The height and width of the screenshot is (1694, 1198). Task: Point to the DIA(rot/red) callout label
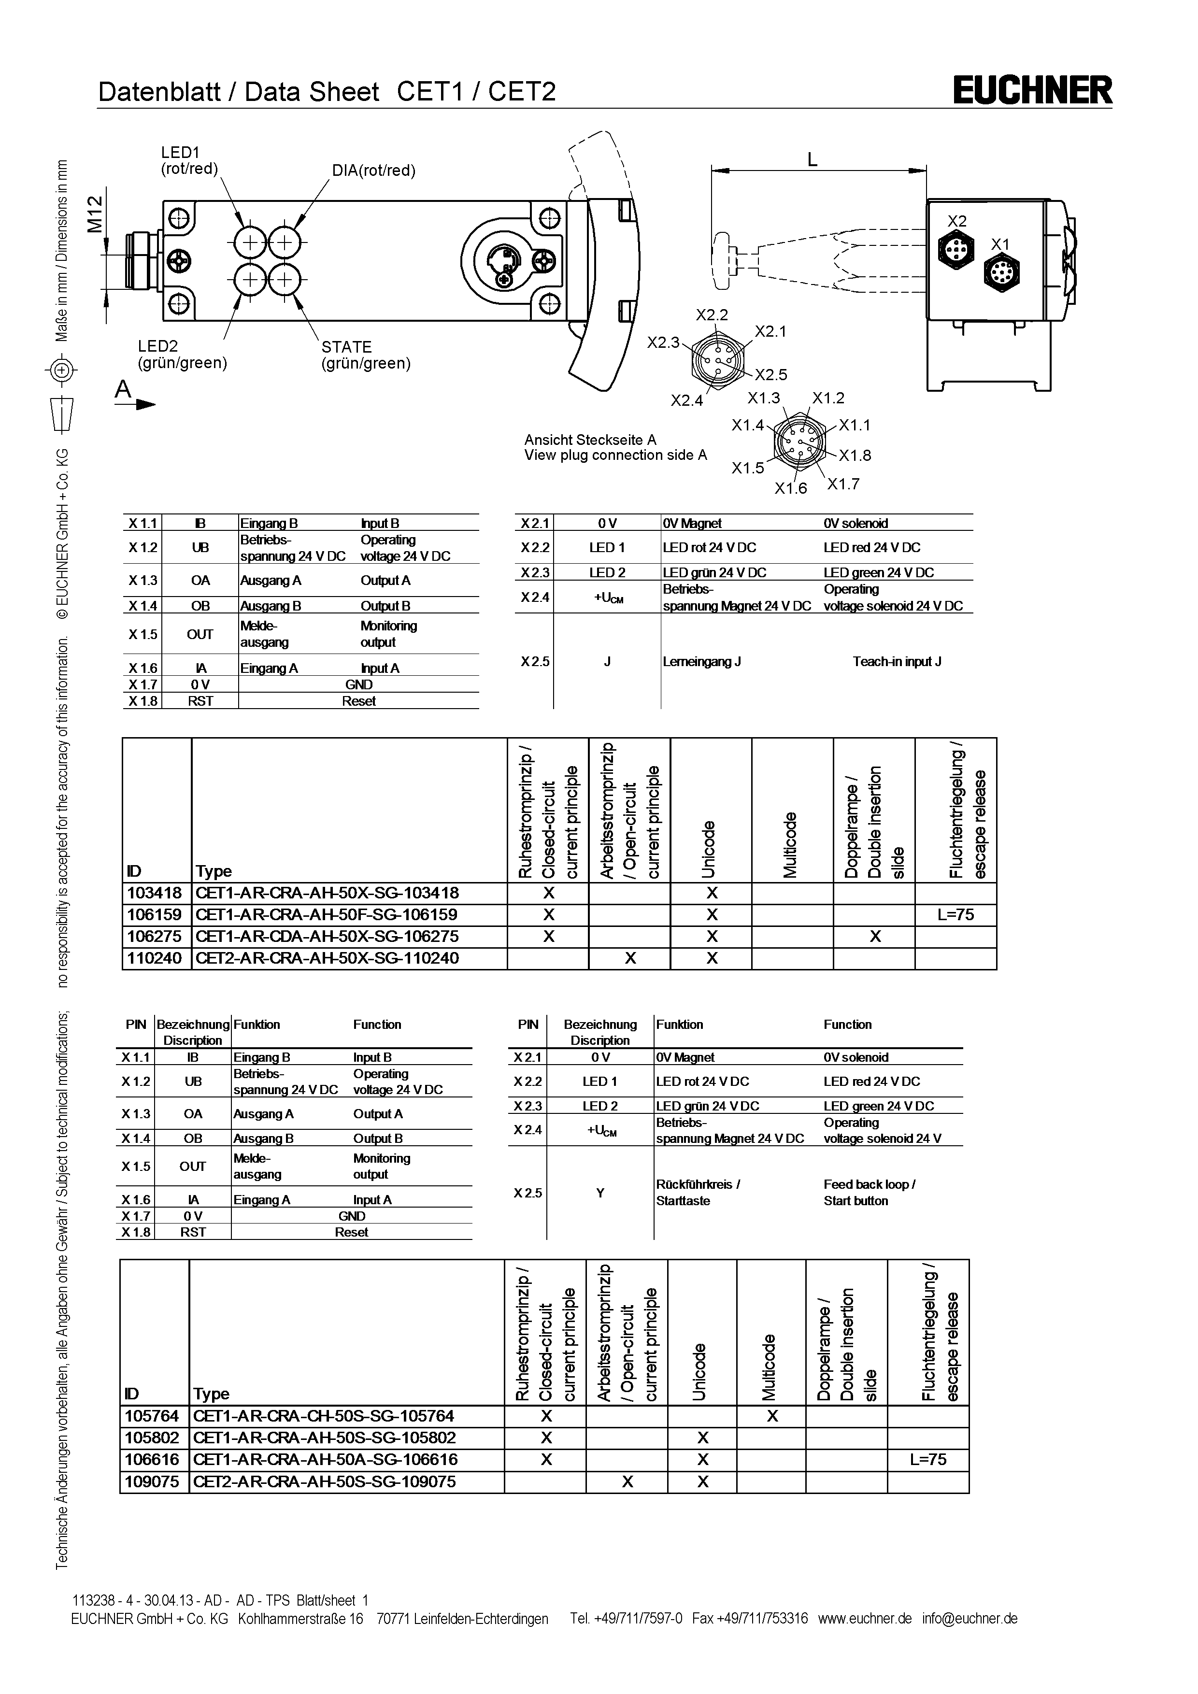coord(373,171)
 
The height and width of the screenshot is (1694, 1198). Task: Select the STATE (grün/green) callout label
coord(365,355)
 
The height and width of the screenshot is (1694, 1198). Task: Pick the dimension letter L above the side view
coord(812,159)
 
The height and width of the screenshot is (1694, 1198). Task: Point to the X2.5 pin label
coord(771,375)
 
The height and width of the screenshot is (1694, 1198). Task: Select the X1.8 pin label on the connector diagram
coord(855,455)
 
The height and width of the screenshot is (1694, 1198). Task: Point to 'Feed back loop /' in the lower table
coord(869,1184)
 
